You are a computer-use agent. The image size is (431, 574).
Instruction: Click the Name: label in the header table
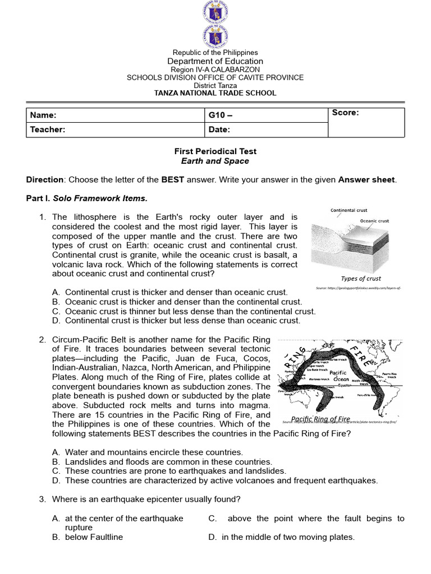43,115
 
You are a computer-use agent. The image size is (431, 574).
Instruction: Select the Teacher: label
48,129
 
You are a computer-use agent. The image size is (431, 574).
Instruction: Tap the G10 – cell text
220,115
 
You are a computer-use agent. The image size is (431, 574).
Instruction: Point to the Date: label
219,129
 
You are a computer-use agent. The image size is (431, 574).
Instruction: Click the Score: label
345,113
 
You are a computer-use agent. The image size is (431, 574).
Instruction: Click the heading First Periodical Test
215,151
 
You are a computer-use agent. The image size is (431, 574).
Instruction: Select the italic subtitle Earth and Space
215,161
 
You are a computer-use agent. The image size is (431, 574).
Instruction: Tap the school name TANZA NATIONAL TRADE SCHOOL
215,93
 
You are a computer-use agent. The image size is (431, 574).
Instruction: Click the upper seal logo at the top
215,12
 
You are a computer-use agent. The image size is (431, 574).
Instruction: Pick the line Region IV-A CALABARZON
215,70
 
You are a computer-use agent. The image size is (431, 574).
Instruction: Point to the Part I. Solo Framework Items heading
87,198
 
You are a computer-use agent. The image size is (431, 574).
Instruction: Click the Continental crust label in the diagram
349,211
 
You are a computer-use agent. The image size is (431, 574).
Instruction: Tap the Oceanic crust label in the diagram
374,221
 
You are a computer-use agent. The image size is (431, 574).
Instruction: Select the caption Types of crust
361,278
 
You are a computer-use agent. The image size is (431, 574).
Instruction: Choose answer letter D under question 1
56,321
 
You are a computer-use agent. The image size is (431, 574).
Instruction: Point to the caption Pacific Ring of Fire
320,419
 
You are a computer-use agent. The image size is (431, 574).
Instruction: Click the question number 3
42,499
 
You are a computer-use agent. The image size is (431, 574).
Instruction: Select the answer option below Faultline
94,537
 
